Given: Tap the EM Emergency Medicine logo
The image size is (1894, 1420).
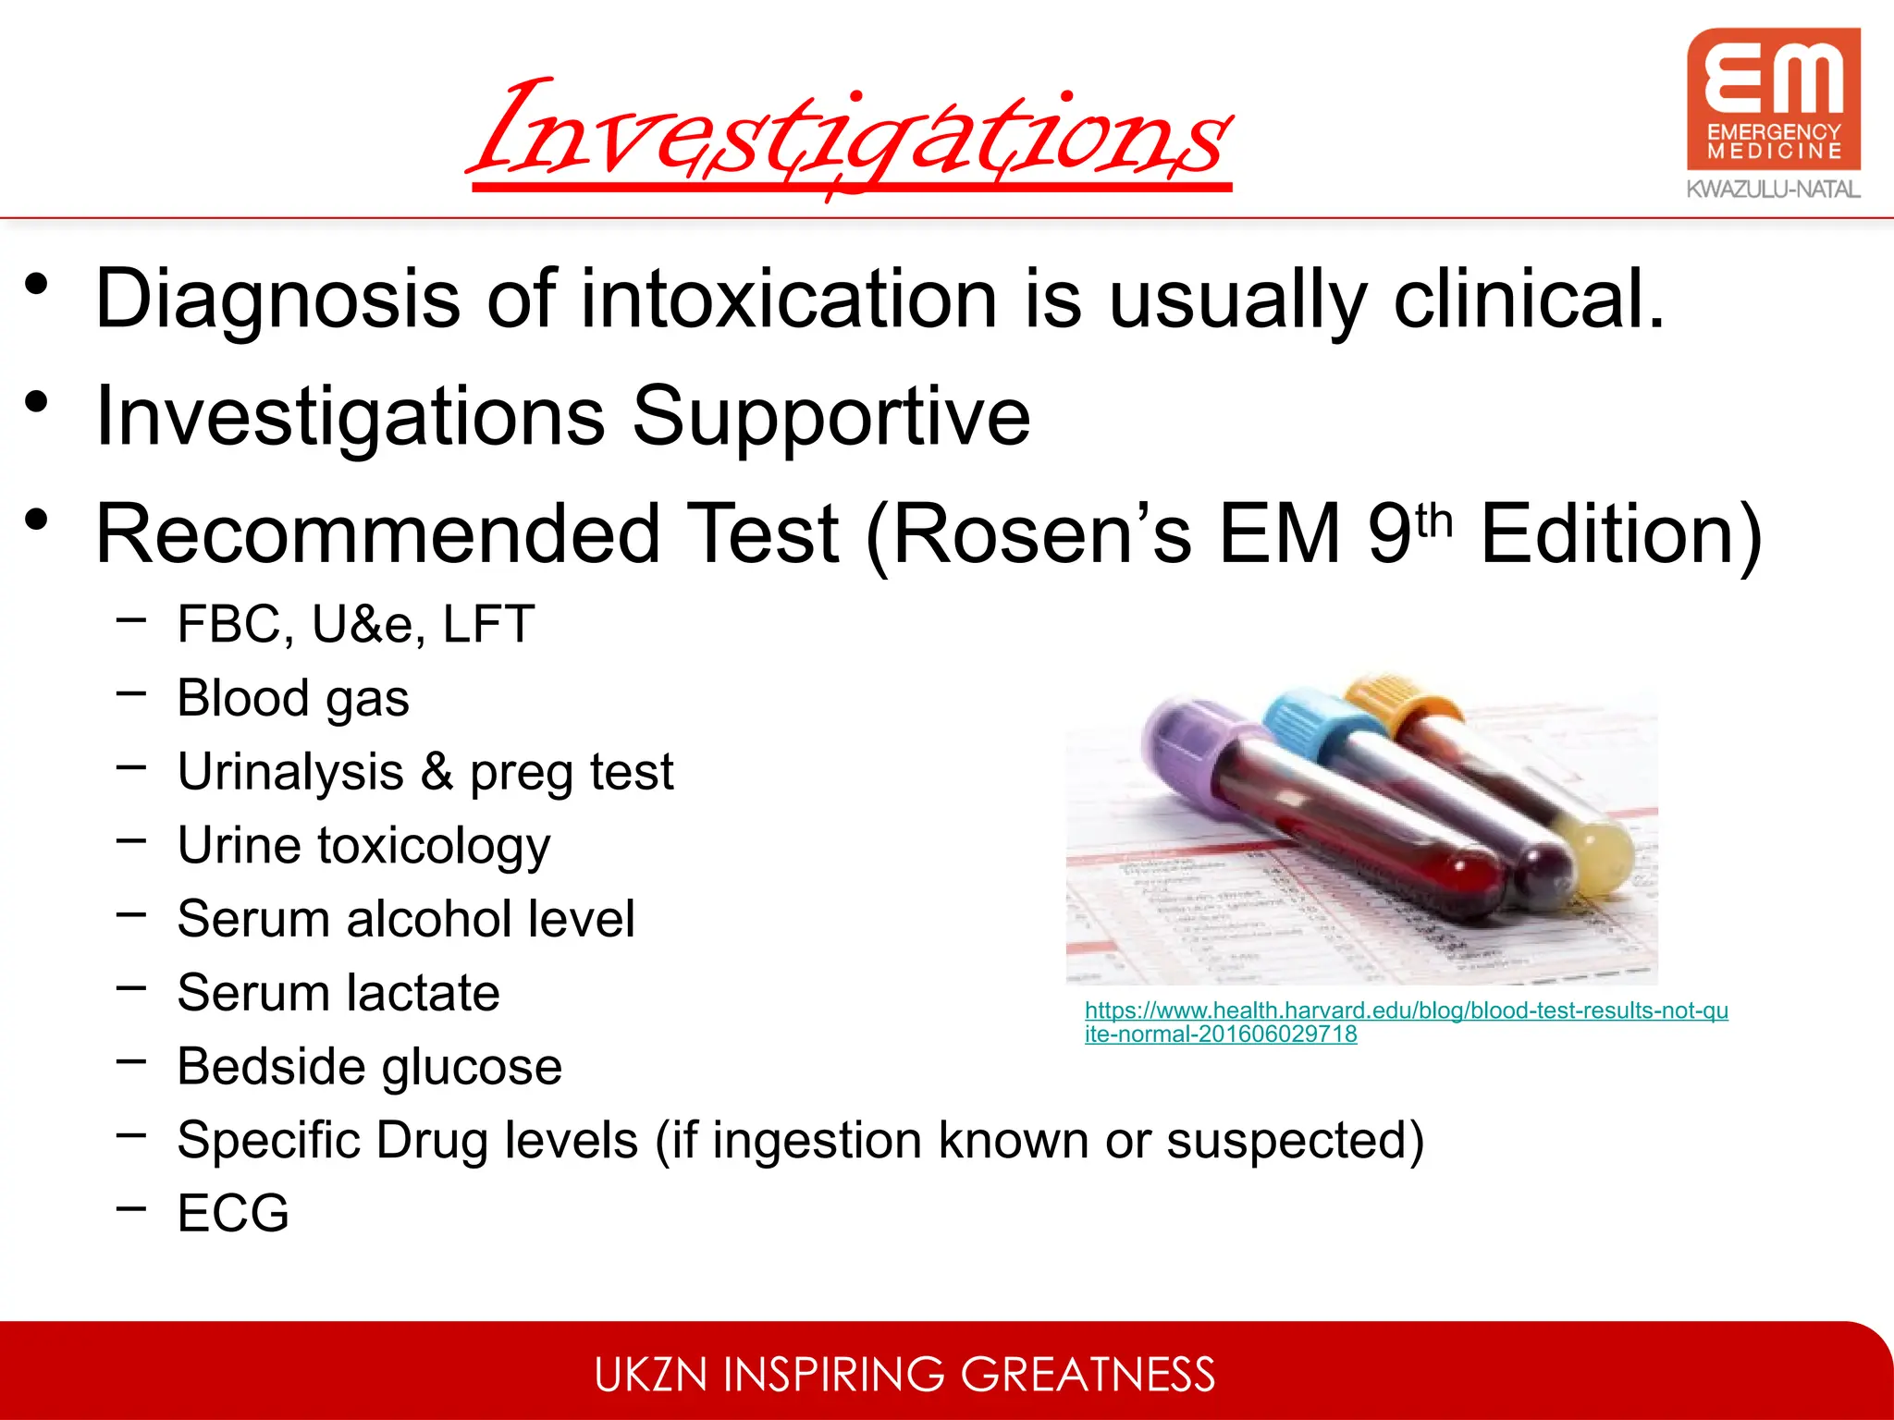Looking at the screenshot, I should [x=1773, y=99].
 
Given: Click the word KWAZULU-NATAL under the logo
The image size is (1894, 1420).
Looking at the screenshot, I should [x=1773, y=190].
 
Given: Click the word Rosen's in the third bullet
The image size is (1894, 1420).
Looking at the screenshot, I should [x=1041, y=533].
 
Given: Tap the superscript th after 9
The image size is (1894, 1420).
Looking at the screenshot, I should [x=1434, y=520].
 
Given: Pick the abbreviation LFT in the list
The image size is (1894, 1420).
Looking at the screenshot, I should [x=488, y=624].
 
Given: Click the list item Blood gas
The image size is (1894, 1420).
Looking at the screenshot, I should [x=292, y=698].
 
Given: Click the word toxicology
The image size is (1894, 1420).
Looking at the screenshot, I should [x=434, y=847].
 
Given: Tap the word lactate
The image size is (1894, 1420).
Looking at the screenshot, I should [x=424, y=993].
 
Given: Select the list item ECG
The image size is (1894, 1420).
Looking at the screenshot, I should [x=233, y=1213].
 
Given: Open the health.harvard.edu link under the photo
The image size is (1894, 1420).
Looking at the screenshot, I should [x=1406, y=1010].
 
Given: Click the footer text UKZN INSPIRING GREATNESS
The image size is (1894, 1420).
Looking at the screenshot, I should [x=904, y=1374].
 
